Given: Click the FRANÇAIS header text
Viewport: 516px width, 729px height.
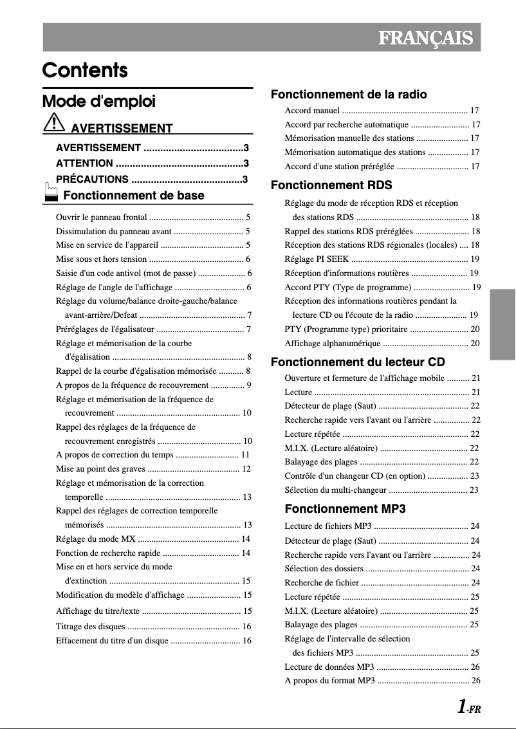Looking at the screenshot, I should tap(425, 38).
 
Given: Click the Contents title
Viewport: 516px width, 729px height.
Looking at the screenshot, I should tap(85, 70).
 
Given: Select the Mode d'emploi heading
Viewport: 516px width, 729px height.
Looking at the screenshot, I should tap(98, 102).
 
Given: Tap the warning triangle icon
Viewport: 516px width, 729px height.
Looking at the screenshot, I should tap(54, 122).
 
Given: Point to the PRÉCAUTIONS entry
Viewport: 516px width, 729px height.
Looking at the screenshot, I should tap(92, 180).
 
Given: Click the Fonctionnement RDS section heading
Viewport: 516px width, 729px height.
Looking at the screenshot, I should tap(331, 185).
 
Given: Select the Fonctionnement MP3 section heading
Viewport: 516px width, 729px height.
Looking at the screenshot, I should tap(345, 509).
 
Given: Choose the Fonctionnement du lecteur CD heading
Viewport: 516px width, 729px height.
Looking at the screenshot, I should tap(358, 362).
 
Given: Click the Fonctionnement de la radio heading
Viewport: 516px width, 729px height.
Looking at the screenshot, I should tap(349, 95).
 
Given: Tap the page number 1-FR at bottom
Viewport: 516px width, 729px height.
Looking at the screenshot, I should tap(468, 708).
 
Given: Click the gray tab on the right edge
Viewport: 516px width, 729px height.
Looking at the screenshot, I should tap(502, 324).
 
